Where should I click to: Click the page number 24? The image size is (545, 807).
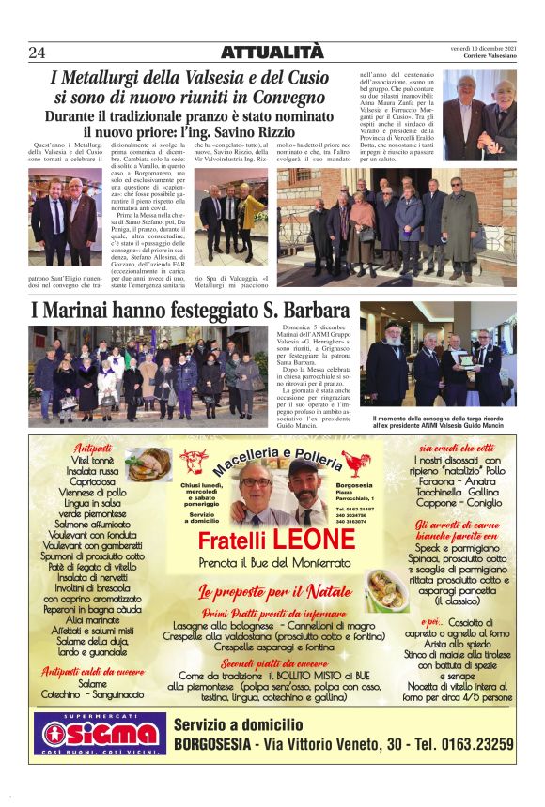[38, 52]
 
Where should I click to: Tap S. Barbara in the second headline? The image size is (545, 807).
[300, 312]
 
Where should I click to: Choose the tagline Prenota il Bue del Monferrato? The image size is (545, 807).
[273, 563]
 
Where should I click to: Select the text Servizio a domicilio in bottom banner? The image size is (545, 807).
[239, 723]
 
